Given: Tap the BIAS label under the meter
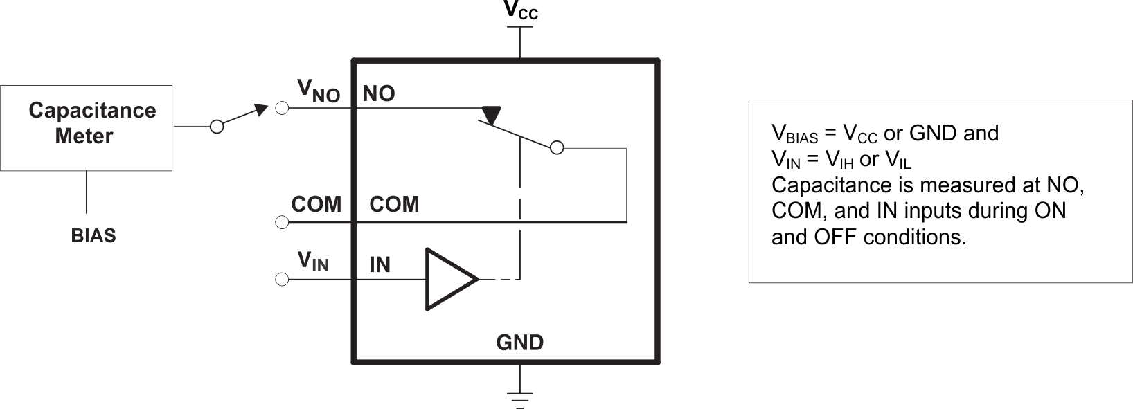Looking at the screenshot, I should coord(93,236).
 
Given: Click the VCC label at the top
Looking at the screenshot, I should coord(520,10).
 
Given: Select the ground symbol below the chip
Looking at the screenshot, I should coord(519,396).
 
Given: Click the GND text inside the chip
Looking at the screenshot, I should coord(519,343).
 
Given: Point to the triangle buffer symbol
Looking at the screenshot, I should coord(449,279).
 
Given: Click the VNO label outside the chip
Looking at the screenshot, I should coord(318,91).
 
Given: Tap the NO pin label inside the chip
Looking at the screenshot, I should coord(379,94).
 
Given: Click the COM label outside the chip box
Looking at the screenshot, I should coord(316,205).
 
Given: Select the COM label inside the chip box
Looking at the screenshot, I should coord(394,205).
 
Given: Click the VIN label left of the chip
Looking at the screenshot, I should coord(313,262).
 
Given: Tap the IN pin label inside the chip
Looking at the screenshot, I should coord(380,264).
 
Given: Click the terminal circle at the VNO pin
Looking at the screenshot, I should coord(282,109).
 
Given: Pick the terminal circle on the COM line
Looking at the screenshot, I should coord(282,222).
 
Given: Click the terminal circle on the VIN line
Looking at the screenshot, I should coord(282,280).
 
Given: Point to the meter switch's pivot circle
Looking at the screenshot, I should coord(217,127).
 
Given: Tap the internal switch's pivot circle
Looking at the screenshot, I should coord(557,147).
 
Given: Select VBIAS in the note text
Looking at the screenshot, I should coord(794,134).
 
